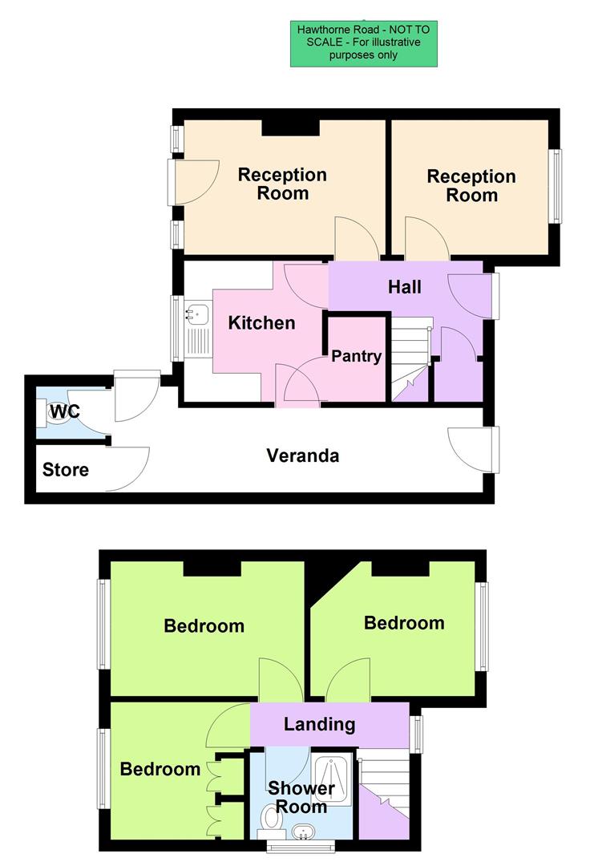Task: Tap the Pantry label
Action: (x=356, y=356)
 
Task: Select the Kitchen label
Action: (x=262, y=323)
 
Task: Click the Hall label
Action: (x=405, y=286)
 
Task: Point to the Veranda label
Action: (x=303, y=455)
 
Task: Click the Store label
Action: (x=66, y=470)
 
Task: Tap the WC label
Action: (x=64, y=412)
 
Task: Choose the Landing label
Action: (x=320, y=724)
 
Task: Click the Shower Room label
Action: (x=301, y=797)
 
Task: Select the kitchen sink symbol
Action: (x=196, y=314)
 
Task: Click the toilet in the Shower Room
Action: (x=270, y=820)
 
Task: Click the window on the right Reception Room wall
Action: (x=556, y=186)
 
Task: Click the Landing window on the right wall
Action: (x=415, y=734)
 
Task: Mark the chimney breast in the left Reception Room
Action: (x=291, y=126)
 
